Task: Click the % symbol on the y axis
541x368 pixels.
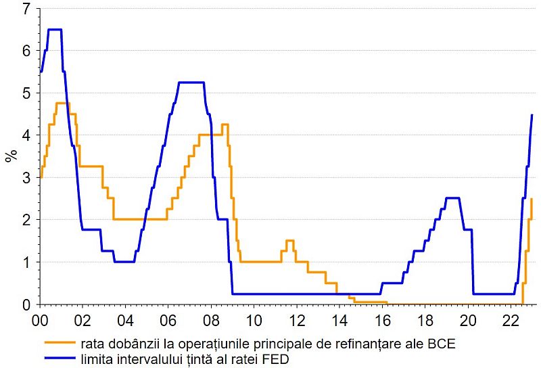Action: [x=11, y=157]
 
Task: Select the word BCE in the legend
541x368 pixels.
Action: [x=442, y=344]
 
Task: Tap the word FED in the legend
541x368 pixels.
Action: [x=277, y=359]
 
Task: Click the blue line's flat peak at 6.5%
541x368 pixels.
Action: [x=54, y=30]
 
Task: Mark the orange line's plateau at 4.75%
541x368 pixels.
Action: [x=62, y=103]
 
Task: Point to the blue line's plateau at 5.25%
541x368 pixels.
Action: [x=191, y=83]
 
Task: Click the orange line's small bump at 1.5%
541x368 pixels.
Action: [x=289, y=241]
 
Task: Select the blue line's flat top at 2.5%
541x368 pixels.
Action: [x=453, y=198]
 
